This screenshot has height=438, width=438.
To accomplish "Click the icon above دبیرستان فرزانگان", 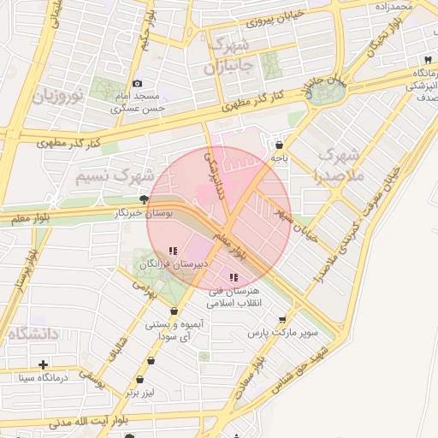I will click(x=173, y=252).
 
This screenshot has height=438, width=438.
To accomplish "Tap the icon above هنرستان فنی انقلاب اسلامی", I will click(x=234, y=277).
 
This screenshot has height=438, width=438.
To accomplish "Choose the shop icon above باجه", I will click(x=281, y=145).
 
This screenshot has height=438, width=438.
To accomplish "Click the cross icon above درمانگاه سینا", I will click(x=43, y=364).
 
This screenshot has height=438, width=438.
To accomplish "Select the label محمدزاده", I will click(x=394, y=7).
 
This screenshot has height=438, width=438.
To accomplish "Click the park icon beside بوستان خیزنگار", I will click(x=143, y=198).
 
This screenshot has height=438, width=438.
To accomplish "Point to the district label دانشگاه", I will click(x=33, y=334).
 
